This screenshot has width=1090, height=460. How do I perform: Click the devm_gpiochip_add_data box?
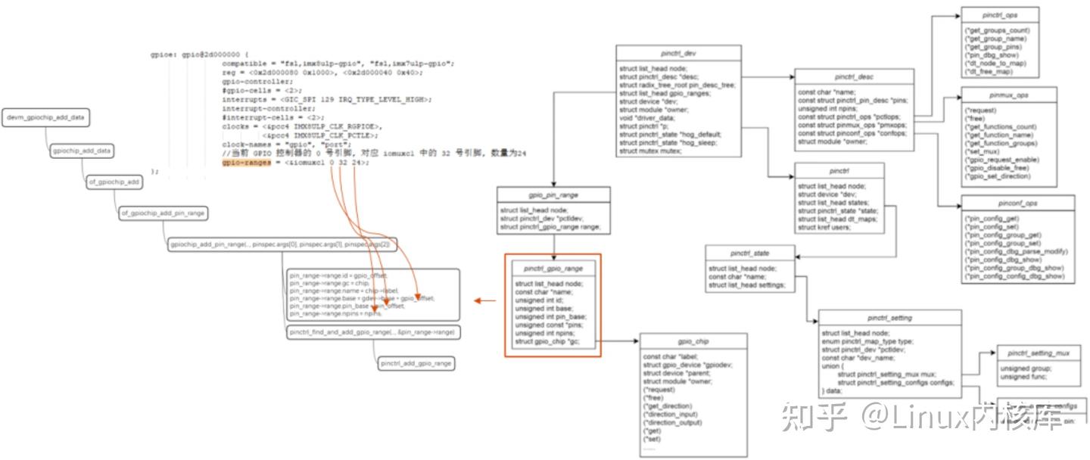[x=45, y=119]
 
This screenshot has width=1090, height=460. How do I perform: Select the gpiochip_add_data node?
[x=82, y=151]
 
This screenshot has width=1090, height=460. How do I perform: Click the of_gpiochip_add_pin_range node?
[x=163, y=214]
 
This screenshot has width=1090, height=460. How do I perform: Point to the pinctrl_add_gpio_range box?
[x=416, y=364]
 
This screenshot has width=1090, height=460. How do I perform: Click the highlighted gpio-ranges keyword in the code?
[x=246, y=163]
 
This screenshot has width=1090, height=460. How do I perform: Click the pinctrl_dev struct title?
[x=678, y=54]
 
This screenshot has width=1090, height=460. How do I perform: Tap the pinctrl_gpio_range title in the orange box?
[x=553, y=268]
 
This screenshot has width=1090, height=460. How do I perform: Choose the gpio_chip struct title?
[x=693, y=342]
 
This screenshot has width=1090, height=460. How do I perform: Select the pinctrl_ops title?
[x=1000, y=15]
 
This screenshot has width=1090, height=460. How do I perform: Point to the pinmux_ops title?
[x=1009, y=96]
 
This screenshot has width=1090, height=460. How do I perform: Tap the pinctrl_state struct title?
[x=750, y=253]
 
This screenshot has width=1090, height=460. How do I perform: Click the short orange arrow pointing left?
[x=485, y=301]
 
